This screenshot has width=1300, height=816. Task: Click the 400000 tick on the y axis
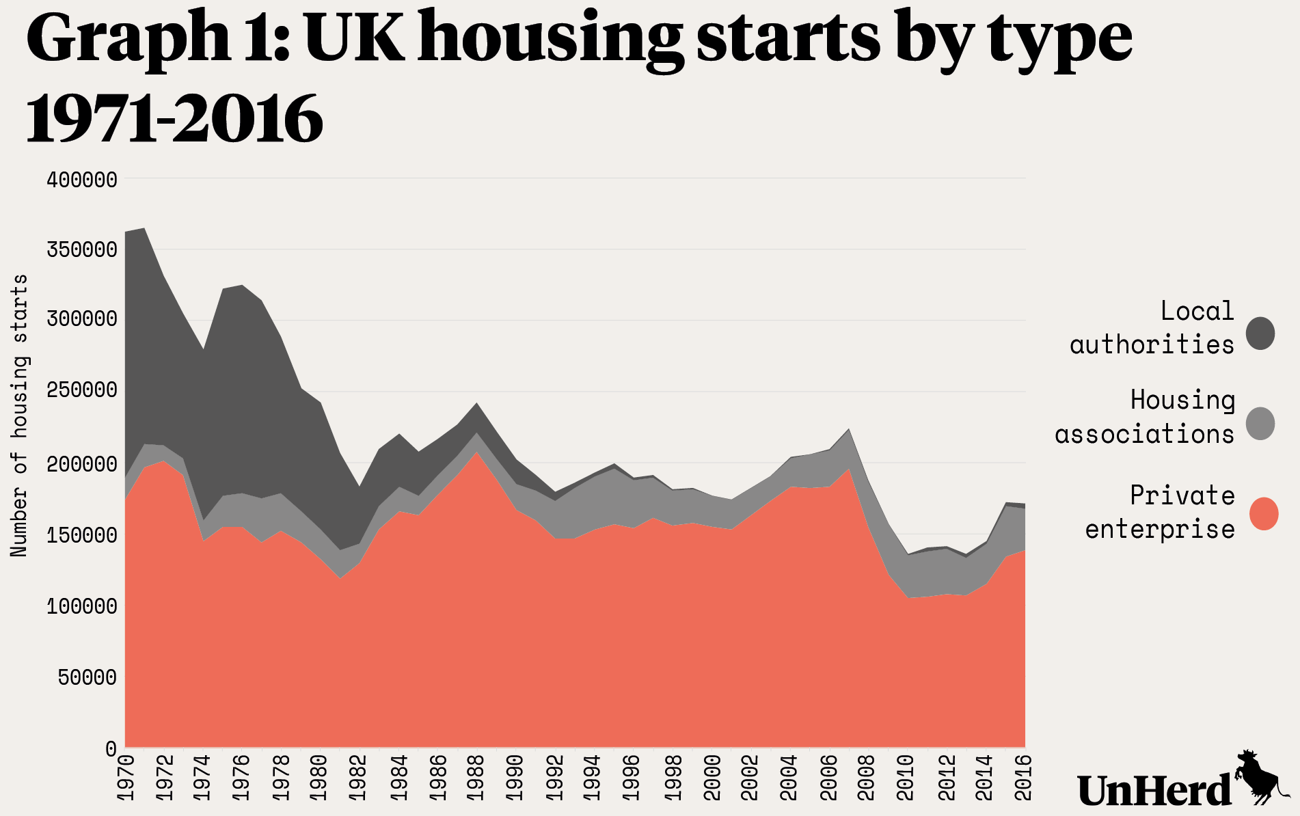point(82,180)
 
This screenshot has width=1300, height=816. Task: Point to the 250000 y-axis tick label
point(82,391)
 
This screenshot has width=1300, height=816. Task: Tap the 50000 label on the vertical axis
point(87,677)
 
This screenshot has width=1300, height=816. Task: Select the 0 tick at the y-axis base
point(111,748)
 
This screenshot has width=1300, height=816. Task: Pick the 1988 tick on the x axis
point(476,778)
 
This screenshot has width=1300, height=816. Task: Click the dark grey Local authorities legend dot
point(1260,334)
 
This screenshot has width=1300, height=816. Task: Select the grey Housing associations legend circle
point(1260,423)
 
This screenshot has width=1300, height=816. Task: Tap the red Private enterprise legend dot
point(1264,514)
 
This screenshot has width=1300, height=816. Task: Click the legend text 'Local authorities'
point(1152,328)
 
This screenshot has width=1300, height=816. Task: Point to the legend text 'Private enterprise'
point(1160,512)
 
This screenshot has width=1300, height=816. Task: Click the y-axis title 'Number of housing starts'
point(20,416)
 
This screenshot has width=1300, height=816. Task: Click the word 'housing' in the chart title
point(550,40)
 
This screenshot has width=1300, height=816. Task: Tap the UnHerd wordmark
point(1154,790)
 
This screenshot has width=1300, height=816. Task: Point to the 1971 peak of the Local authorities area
point(144,229)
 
